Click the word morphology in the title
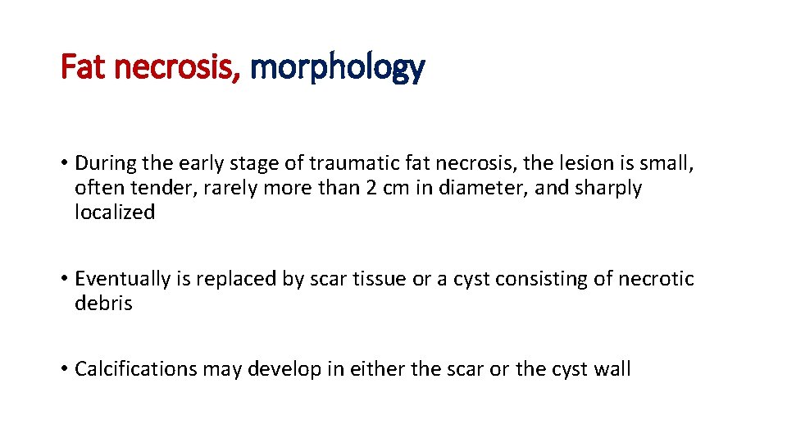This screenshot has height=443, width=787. pyautogui.click(x=337, y=67)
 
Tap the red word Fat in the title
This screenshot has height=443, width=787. pyautogui.click(x=85, y=67)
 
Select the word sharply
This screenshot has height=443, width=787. pyautogui.click(x=607, y=188)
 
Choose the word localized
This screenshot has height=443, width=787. pyautogui.click(x=115, y=212)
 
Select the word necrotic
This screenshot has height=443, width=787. pyautogui.click(x=657, y=279)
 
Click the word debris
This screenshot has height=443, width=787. pyautogui.click(x=103, y=303)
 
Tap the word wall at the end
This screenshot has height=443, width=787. pyautogui.click(x=612, y=369)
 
